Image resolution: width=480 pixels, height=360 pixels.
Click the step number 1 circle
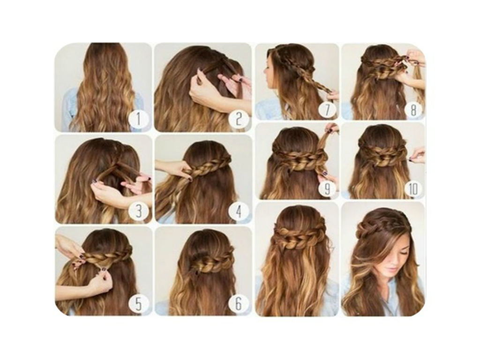coord(138,119)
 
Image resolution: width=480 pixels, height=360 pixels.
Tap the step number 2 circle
coord(239,119)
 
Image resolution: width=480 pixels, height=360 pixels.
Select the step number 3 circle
coord(138,210)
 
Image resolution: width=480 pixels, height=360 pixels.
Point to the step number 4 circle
coord(239,210)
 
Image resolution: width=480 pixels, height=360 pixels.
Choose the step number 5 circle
coord(138,304)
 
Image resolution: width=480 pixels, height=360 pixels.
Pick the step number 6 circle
coord(239,304)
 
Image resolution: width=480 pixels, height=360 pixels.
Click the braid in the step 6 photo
coord(211,262)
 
